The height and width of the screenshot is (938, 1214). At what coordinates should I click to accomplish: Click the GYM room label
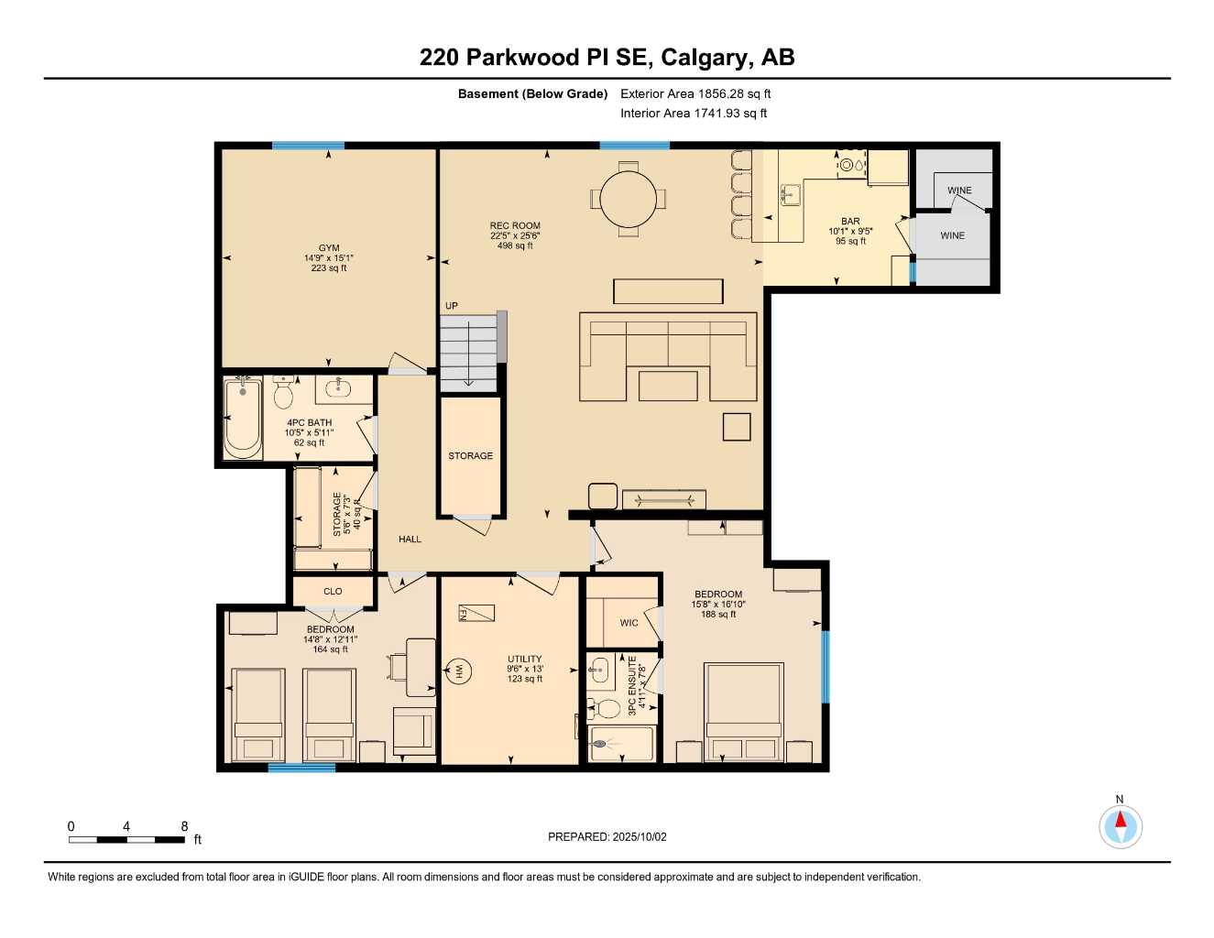coord(329,248)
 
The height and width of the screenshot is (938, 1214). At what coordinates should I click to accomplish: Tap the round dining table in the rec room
coord(629,199)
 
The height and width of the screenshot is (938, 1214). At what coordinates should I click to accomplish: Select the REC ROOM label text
coord(515,225)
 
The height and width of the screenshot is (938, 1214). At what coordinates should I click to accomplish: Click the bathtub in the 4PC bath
coord(243,419)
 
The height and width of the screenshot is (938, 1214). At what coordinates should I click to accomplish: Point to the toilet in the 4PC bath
coord(283,393)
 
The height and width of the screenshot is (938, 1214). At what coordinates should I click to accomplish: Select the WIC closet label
coord(629,623)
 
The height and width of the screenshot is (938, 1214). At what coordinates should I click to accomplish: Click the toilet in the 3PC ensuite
coord(604,707)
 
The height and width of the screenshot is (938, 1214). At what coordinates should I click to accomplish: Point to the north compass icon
coord(1120,827)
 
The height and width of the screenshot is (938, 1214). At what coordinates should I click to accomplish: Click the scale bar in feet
coord(127,839)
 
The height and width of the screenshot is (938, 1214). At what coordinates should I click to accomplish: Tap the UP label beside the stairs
coord(452,306)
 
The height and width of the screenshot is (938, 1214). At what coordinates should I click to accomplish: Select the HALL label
coord(410,540)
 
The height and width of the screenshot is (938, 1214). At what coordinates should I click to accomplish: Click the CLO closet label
coord(333,592)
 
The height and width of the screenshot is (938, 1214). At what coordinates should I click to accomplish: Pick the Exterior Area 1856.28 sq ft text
coord(695,93)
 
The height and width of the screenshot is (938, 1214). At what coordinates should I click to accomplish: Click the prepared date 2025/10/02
coord(607,836)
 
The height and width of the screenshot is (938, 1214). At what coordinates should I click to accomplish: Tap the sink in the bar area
coord(790,194)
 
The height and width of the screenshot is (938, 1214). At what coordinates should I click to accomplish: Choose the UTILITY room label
coord(525,659)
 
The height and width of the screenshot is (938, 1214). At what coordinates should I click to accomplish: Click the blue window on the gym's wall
coord(308,145)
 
